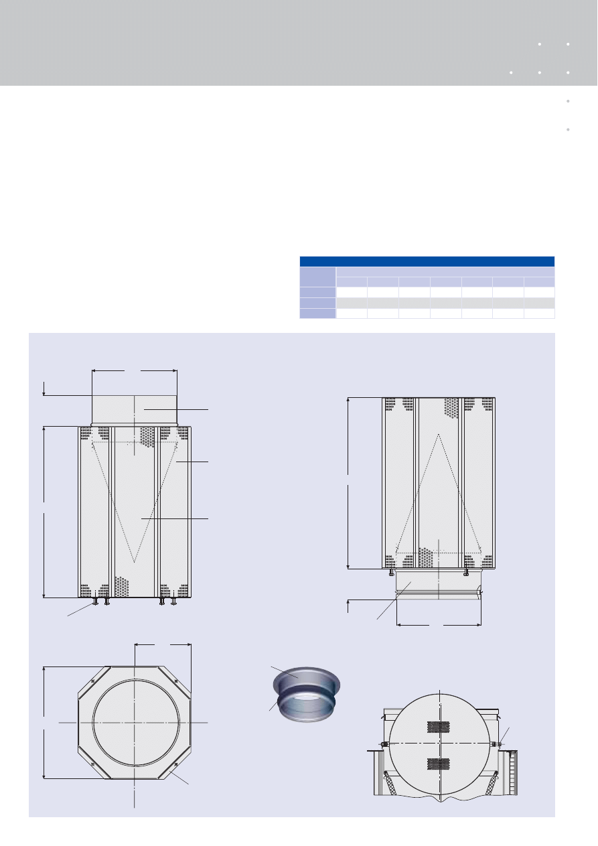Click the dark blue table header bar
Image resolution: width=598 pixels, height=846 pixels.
pyautogui.click(x=427, y=261)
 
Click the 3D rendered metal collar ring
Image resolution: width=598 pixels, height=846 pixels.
pyautogui.click(x=307, y=693)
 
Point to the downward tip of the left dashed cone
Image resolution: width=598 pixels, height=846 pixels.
pyautogui.click(x=135, y=562)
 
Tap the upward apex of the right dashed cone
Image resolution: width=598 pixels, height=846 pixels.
pyautogui.click(x=438, y=435)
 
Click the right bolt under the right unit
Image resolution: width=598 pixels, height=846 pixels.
pyautogui.click(x=466, y=573)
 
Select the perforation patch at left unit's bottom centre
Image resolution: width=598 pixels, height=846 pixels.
pyautogui.click(x=121, y=587)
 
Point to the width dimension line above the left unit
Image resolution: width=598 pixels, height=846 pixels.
pyautogui.click(x=135, y=369)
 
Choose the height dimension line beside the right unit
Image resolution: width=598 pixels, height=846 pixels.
pyautogui.click(x=349, y=482)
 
